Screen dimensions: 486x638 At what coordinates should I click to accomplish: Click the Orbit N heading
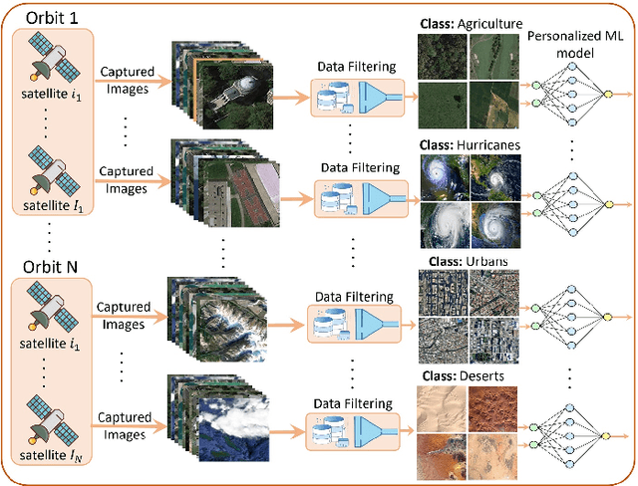point(49,267)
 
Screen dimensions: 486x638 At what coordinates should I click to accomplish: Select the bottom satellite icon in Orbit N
point(49,421)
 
